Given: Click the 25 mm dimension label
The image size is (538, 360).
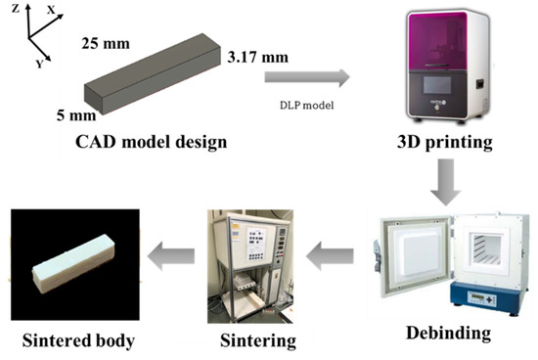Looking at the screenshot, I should click(102, 45).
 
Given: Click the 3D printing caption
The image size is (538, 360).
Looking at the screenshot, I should click(444, 143).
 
